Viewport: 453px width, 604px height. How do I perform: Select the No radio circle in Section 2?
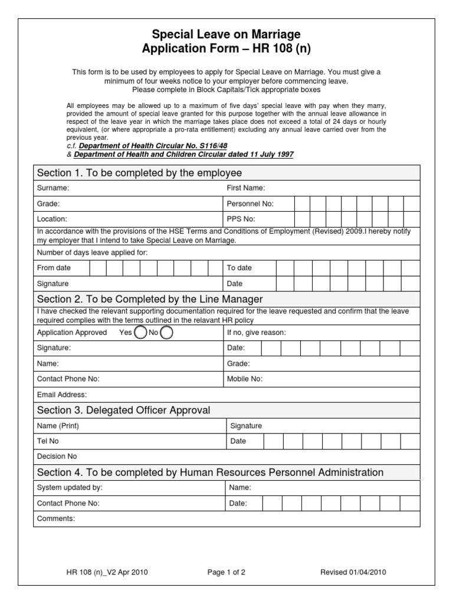(167, 333)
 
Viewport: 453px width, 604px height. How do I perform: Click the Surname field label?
(53, 188)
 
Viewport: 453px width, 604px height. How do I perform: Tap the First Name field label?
(246, 188)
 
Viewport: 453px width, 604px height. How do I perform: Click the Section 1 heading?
(139, 173)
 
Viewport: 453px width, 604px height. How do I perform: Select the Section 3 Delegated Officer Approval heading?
(123, 410)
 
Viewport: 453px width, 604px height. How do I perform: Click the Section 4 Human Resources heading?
(210, 472)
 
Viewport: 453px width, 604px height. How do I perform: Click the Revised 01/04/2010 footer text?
(353, 572)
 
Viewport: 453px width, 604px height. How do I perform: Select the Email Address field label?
(62, 395)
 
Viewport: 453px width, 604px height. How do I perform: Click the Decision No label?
(57, 457)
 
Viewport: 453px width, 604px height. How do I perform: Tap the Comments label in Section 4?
(56, 519)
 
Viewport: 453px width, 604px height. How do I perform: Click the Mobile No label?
(245, 379)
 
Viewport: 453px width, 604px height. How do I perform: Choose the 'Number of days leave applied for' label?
(93, 252)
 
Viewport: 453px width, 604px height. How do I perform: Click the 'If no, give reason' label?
(257, 333)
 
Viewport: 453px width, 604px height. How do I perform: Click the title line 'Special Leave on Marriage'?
(226, 34)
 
